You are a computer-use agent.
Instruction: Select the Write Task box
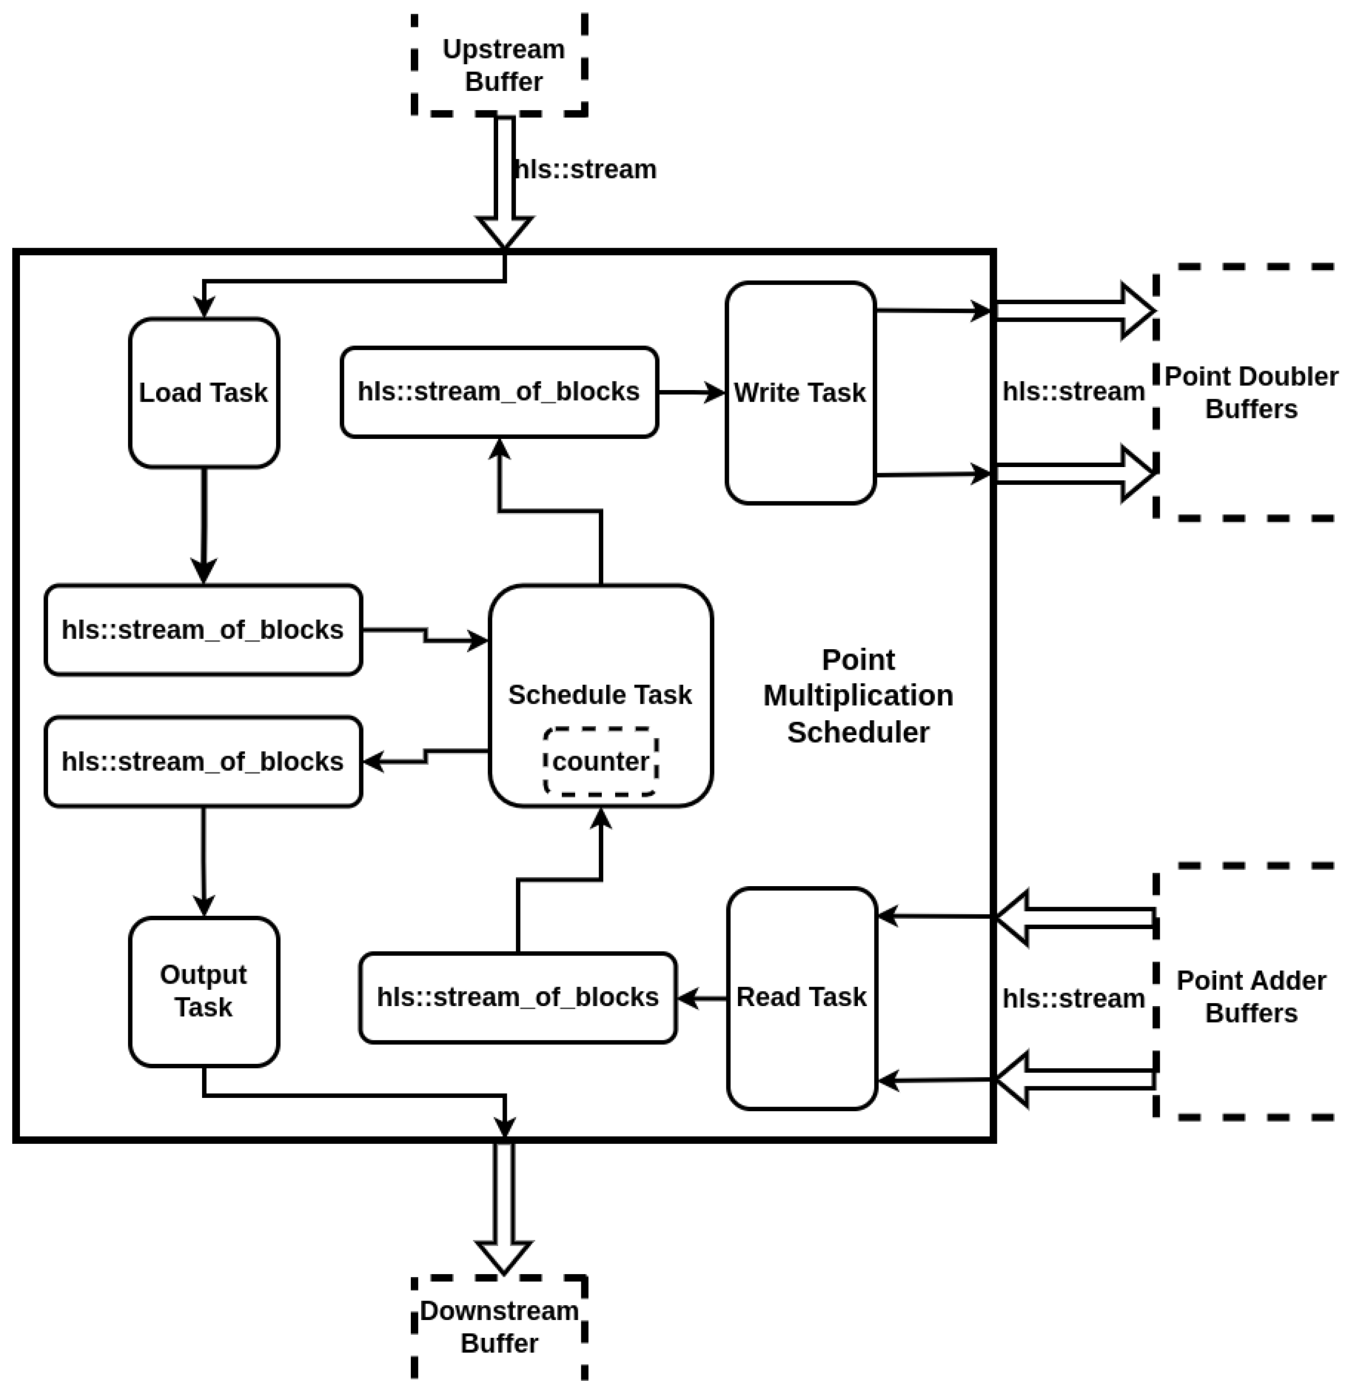coord(800,393)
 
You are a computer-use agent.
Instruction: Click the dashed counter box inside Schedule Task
coord(600,761)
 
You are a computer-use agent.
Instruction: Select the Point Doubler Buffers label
coord(1251,393)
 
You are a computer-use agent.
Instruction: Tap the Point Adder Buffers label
coord(1251,996)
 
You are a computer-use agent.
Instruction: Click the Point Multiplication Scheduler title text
coord(857,695)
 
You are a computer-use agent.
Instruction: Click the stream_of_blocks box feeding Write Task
coord(499,392)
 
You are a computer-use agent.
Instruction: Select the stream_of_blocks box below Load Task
coord(203,630)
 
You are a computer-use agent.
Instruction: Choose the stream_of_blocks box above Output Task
coord(203,761)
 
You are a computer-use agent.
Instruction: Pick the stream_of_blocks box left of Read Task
coord(518,997)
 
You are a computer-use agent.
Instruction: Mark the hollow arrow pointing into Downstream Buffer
coord(504,1208)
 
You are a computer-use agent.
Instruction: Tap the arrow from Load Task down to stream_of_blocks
coord(204,526)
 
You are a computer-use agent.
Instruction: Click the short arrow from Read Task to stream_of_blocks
coord(702,998)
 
